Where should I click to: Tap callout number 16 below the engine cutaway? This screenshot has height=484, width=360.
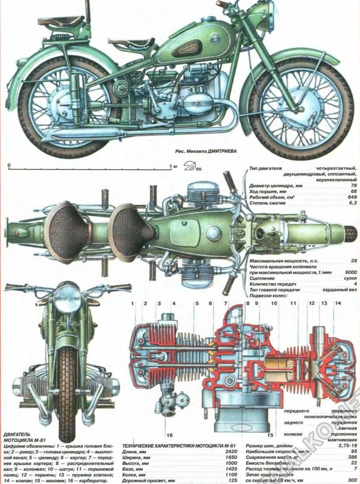(170, 434)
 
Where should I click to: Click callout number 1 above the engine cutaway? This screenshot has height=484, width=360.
(134, 303)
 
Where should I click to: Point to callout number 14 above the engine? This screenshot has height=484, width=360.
(338, 303)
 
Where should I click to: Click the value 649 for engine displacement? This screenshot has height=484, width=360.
(351, 197)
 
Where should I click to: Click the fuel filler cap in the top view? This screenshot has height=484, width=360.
(213, 233)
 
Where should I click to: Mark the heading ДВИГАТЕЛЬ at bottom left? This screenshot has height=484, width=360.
(16, 435)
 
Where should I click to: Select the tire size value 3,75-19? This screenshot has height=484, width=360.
(346, 446)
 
